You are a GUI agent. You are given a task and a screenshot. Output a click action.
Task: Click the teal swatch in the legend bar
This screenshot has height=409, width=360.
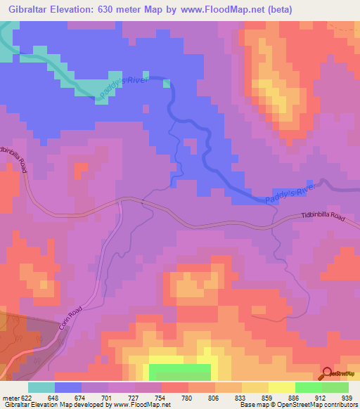click(x=41, y=388)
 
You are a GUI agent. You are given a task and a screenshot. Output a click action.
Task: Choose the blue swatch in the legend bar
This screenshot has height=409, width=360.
click(x=67, y=388)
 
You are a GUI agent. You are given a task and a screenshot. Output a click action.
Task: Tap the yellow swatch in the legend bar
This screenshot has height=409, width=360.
click(x=281, y=388)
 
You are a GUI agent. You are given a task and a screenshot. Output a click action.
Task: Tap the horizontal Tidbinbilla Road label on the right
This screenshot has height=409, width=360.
click(x=323, y=219)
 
